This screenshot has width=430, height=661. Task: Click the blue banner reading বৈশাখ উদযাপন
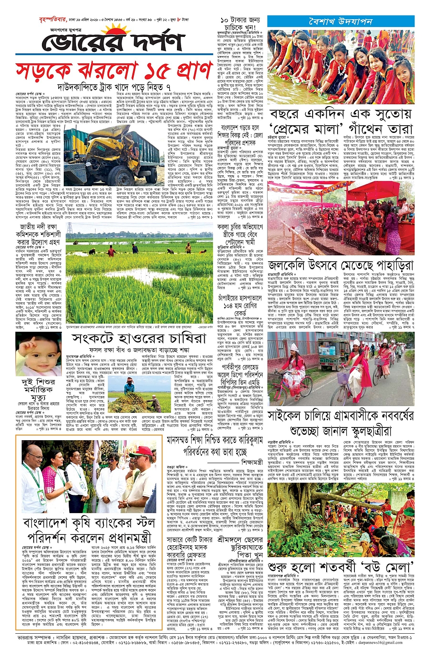(340, 22)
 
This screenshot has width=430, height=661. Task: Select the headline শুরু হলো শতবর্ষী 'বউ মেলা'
(340, 567)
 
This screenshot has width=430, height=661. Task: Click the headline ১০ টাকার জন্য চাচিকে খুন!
(240, 24)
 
